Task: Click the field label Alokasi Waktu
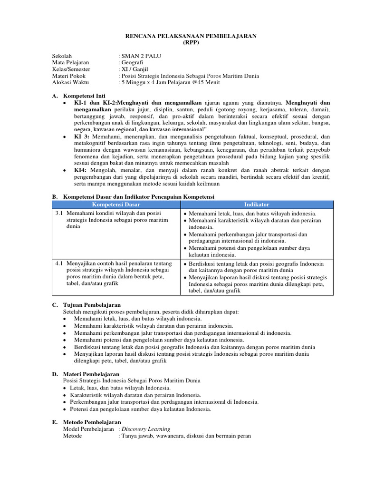(x=71, y=82)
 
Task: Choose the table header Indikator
(x=257, y=204)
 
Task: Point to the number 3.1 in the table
(x=59, y=214)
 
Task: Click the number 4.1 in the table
(x=59, y=263)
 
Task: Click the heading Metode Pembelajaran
(x=92, y=422)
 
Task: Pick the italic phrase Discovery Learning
(x=146, y=429)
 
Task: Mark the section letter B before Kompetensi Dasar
(x=55, y=196)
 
